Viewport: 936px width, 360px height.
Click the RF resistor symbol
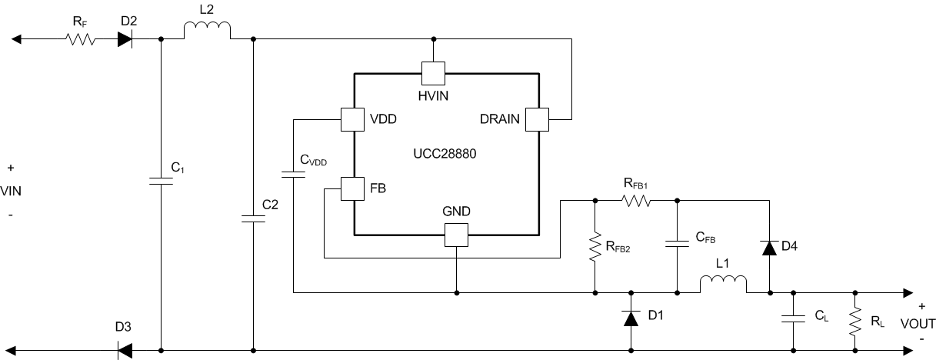click(80, 38)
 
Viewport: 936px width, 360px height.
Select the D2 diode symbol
click(126, 38)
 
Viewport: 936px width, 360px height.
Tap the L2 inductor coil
click(207, 31)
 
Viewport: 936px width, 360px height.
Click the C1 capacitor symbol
click(161, 182)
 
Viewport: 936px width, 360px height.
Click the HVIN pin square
click(434, 74)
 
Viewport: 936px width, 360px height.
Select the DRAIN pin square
click(537, 119)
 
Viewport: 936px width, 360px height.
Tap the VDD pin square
click(352, 119)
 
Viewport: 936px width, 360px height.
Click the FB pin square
click(352, 188)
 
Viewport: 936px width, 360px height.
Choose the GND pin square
click(457, 235)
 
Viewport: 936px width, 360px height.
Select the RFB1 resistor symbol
click(636, 201)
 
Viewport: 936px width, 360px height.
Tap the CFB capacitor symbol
click(678, 244)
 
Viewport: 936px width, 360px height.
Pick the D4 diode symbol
click(769, 247)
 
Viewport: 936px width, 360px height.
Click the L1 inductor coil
click(723, 285)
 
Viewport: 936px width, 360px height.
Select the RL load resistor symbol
click(854, 321)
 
